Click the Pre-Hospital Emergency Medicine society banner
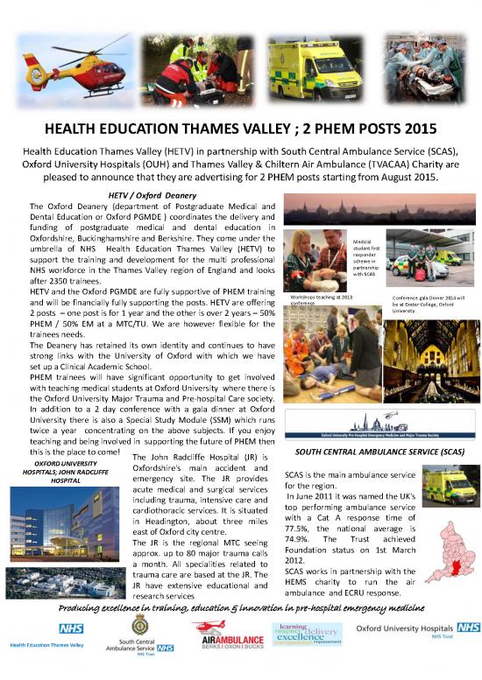[x=381, y=432]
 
